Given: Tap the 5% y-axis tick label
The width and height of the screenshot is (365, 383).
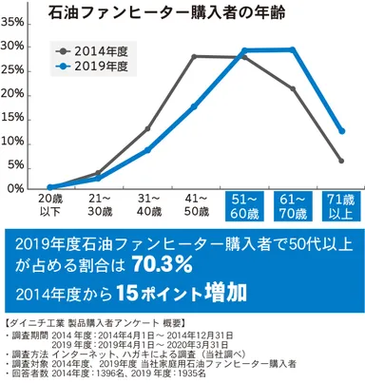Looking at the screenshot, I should (16, 164).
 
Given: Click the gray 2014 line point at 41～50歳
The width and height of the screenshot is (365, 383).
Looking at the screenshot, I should (195, 56).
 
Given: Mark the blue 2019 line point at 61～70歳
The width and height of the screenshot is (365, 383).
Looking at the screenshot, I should (292, 49).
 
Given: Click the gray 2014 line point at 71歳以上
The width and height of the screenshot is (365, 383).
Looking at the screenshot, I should (340, 160).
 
